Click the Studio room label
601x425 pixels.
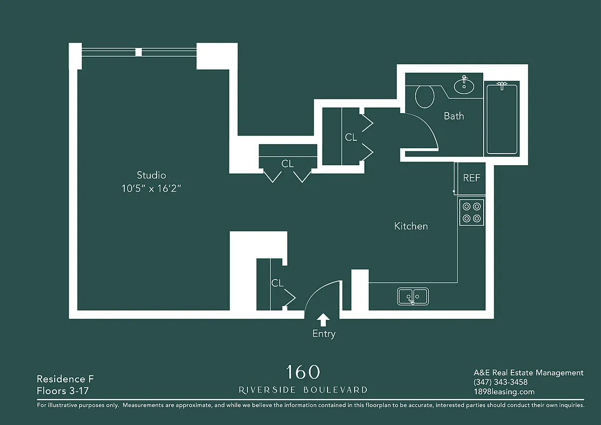coord(151,175)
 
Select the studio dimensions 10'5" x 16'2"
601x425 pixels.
coord(151,188)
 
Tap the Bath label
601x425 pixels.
coord(453,116)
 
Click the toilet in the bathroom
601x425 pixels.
coord(424,97)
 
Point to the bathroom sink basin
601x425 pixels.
coord(465,86)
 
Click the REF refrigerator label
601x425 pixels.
coord(471,178)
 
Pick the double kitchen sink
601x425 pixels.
coord(413,296)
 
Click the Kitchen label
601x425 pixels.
coord(411,226)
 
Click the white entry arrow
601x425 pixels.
coord(323,319)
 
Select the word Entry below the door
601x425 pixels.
coord(324,334)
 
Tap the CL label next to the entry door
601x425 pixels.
coord(277,283)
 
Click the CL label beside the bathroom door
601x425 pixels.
coord(351,137)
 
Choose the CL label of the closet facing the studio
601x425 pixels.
coord(287,164)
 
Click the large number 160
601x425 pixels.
coord(303,371)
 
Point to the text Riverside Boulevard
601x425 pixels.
coord(303,390)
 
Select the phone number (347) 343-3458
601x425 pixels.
coord(500,382)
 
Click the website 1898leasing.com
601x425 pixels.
coord(504,392)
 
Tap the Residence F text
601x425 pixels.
coord(61,379)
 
